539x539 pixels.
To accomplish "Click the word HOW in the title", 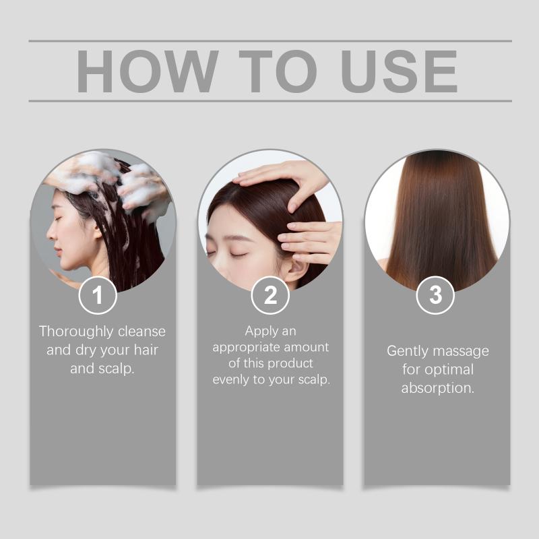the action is coord(147,71).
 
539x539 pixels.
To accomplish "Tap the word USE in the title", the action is coord(399,71).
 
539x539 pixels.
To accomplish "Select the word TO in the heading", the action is coord(278,71).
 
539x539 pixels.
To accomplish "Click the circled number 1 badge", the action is coord(98,295).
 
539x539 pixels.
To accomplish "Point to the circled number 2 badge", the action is coord(270,295).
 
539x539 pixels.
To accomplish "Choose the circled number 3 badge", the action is coord(435,295).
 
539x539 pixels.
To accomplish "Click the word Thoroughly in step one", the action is coord(76,332).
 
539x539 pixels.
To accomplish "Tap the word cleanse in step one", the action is coord(141,331).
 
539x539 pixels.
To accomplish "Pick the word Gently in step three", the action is coord(408,352).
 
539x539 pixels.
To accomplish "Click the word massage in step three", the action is coord(461,352).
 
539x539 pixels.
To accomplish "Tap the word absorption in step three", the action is coord(437,389).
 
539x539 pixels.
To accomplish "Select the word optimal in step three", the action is coord(449,370).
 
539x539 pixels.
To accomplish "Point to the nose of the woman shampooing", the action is coord(51,234).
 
